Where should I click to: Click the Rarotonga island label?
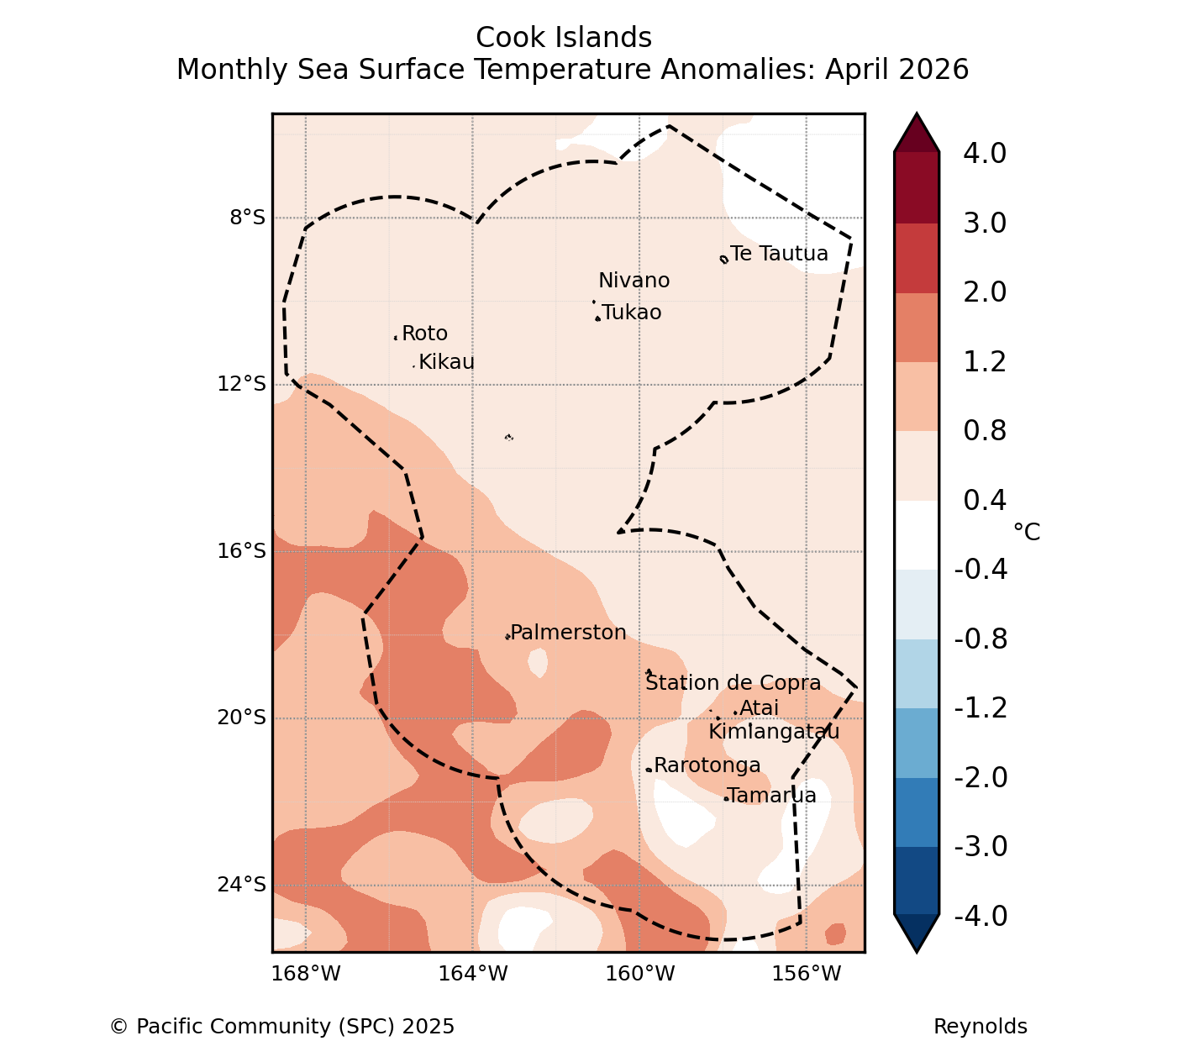point(707,765)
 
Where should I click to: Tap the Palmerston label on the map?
point(568,632)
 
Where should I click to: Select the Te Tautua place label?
point(779,254)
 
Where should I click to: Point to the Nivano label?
point(634,281)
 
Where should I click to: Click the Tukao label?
point(632,313)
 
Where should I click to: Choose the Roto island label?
point(425,334)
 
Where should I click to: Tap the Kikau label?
point(447,362)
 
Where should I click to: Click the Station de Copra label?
point(733,683)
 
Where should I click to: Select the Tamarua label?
point(772,795)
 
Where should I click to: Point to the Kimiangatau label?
point(774,732)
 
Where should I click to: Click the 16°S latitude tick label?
point(241,551)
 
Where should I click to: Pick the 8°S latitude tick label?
point(248,218)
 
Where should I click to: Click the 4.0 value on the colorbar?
point(985,153)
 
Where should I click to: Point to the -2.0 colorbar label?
point(981,777)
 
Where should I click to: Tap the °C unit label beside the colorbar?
point(1027,532)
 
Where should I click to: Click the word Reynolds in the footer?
point(981,1027)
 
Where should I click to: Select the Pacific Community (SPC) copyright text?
point(282,1027)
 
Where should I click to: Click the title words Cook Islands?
point(564,38)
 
